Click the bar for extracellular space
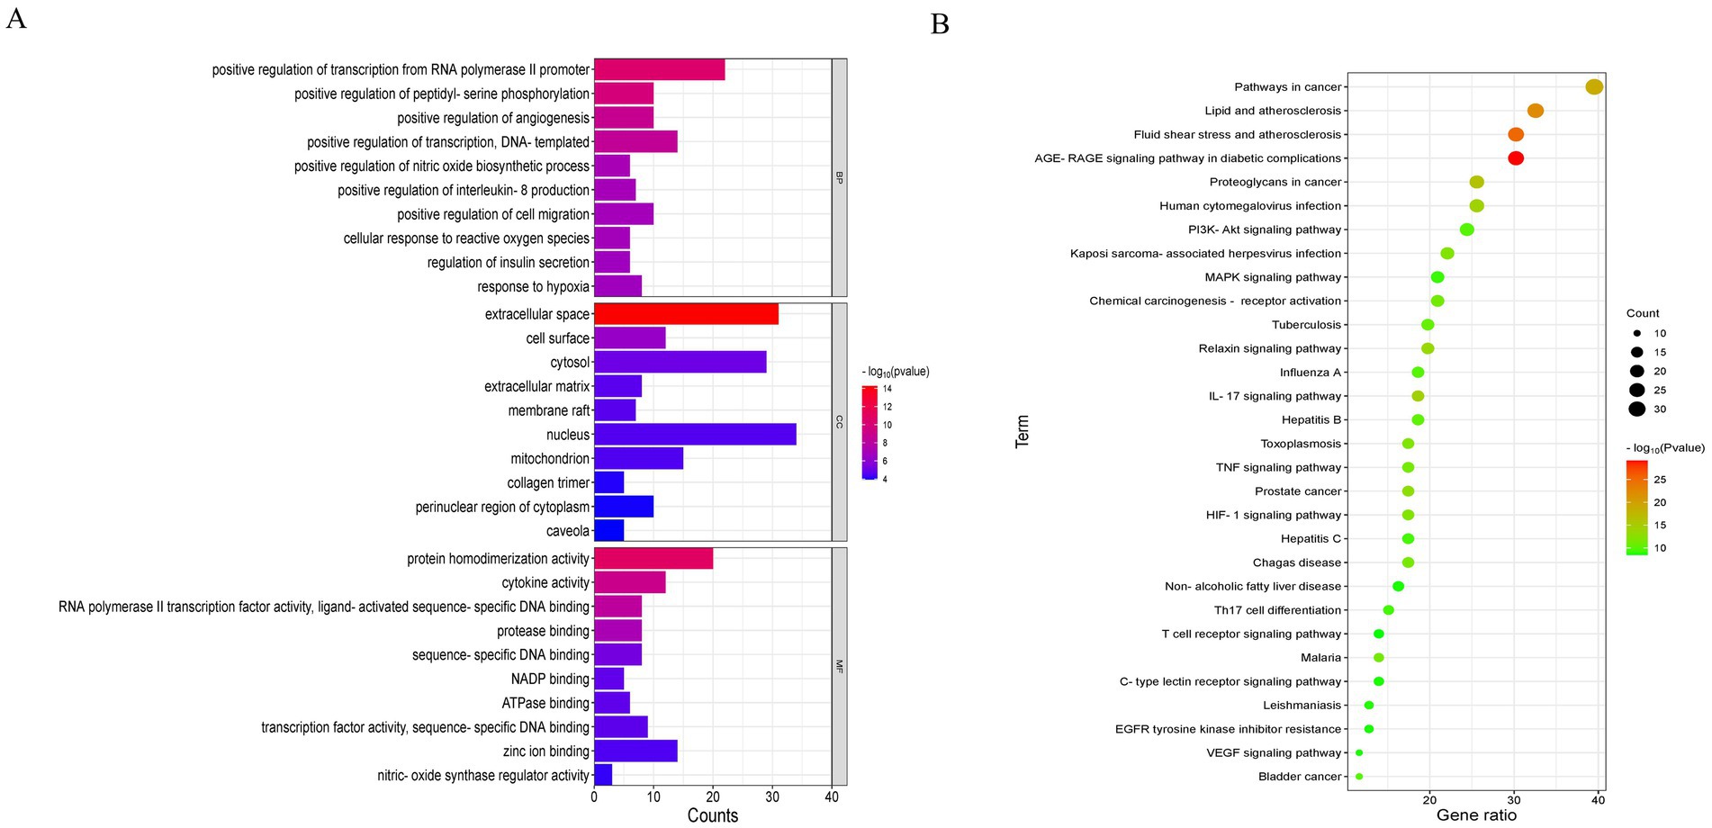tap(686, 314)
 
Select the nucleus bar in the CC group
tap(695, 435)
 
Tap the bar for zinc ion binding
tap(635, 751)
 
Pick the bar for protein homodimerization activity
tap(653, 558)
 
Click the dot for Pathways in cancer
tap(1594, 87)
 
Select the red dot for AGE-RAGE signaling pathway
tap(1515, 158)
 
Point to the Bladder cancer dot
tap(1359, 777)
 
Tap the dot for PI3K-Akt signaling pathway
tap(1466, 229)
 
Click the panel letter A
tap(16, 19)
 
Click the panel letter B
tap(940, 24)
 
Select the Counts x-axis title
tap(712, 815)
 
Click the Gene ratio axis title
tap(1476, 815)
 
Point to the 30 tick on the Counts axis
tap(772, 796)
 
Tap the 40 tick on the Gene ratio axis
tap(1598, 800)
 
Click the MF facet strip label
tap(839, 666)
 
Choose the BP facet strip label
tap(839, 177)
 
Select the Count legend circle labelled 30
tap(1636, 409)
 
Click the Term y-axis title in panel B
tap(1022, 431)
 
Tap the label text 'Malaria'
tap(1320, 658)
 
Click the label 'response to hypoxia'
tap(533, 287)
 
